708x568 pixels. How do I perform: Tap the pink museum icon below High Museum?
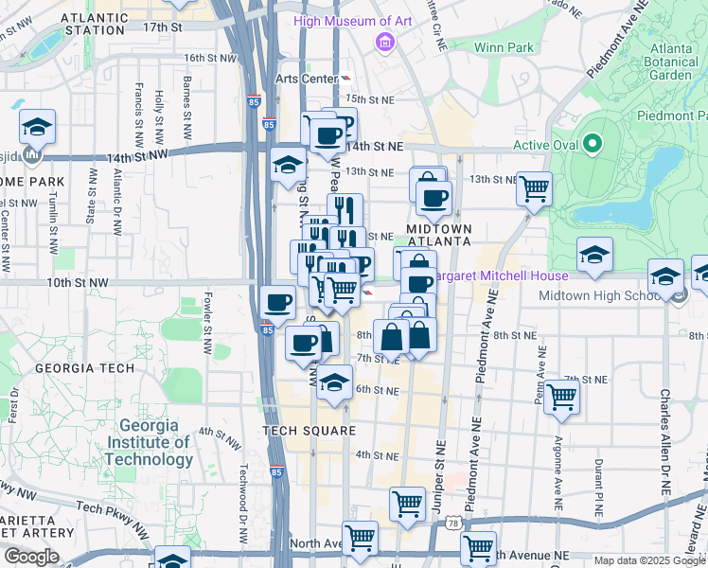tap(385, 42)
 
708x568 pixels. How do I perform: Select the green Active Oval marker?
tap(593, 145)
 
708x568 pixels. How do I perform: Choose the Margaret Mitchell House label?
tap(502, 275)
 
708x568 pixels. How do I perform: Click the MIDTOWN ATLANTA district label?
tap(438, 235)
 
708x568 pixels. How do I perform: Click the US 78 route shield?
tap(454, 523)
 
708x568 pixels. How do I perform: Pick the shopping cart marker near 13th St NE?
tap(535, 188)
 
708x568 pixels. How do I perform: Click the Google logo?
tap(31, 557)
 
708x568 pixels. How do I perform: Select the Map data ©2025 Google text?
tap(647, 560)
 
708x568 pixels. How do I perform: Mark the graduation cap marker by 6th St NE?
tap(333, 382)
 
